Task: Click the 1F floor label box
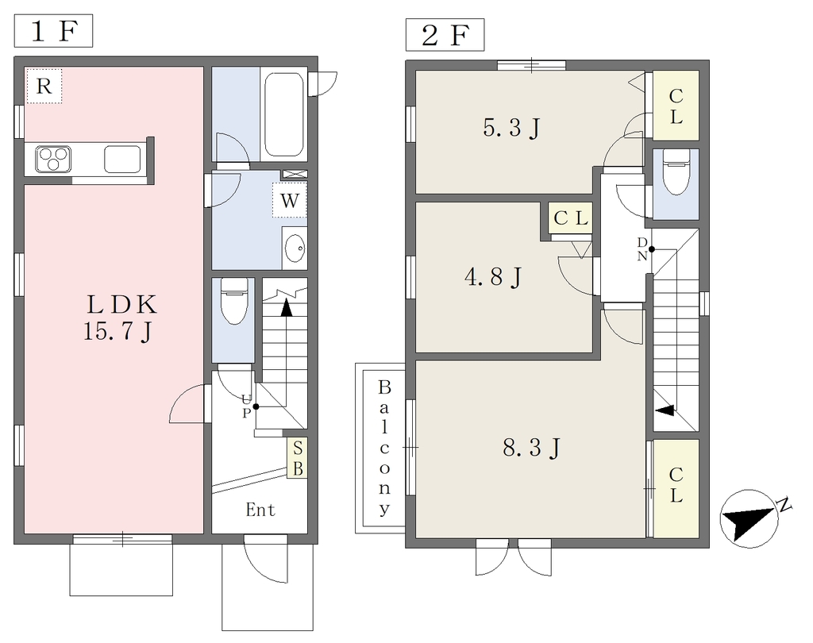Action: click(53, 31)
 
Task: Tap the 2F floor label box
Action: click(445, 35)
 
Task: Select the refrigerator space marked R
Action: click(44, 86)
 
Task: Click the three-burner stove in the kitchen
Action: click(53, 159)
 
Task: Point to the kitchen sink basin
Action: click(122, 159)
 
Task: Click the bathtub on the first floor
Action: click(283, 114)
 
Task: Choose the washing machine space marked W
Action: click(290, 200)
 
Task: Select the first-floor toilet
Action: click(234, 301)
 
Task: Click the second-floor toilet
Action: click(676, 172)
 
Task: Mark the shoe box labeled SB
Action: click(298, 458)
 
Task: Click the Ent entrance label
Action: click(260, 510)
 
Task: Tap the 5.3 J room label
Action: click(511, 128)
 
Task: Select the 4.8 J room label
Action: click(492, 276)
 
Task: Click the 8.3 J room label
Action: click(531, 448)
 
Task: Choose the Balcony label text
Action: click(384, 448)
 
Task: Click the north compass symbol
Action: click(749, 518)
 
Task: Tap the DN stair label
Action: click(642, 249)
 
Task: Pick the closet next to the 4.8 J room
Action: click(570, 218)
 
